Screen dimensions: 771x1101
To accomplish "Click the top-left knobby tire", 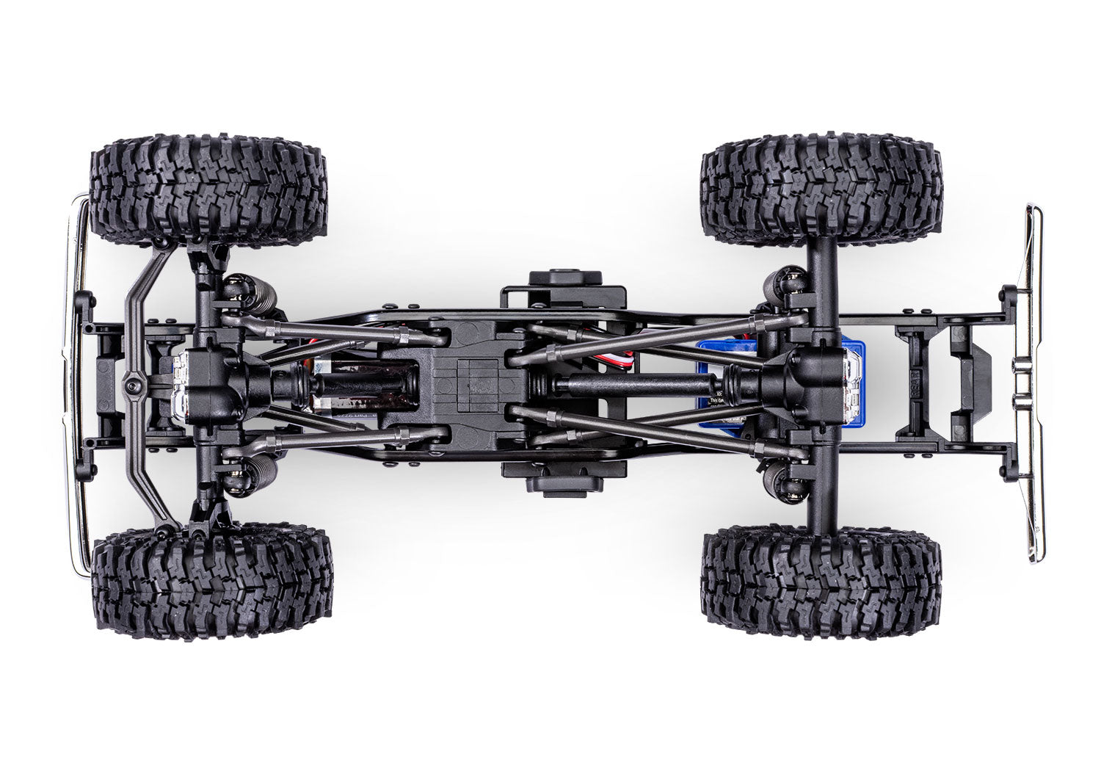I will pos(208,189).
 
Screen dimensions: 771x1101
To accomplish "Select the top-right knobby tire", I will pos(822,189).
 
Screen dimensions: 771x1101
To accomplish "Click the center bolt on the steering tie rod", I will pos(132,383).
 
